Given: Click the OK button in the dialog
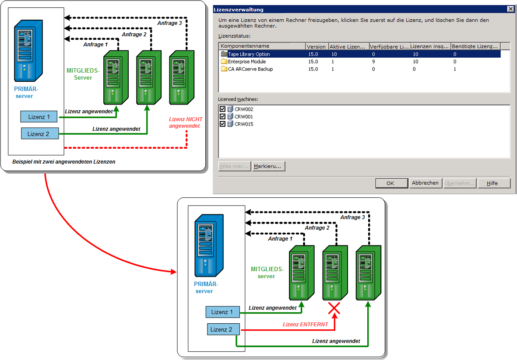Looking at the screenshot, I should tap(390, 183).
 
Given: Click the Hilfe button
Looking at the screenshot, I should tap(494, 183).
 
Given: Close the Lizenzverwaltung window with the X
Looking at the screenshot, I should tap(510, 9).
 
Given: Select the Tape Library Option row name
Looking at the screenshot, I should tap(249, 54).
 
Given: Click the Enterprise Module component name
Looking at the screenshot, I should tap(246, 62).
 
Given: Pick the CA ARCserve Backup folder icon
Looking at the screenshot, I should tap(224, 69).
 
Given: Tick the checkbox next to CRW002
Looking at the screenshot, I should tap(222, 109).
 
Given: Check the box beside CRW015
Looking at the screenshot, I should tap(222, 124).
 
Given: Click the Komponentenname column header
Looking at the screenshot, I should tap(245, 46).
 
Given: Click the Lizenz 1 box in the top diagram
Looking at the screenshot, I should tap(39, 117).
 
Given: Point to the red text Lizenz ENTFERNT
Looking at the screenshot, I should tap(305, 325).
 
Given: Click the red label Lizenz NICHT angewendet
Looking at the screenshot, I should tap(186, 122).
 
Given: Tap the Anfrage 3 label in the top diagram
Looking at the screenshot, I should tap(170, 23).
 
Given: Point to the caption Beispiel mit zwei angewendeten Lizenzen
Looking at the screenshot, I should tap(64, 162).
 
